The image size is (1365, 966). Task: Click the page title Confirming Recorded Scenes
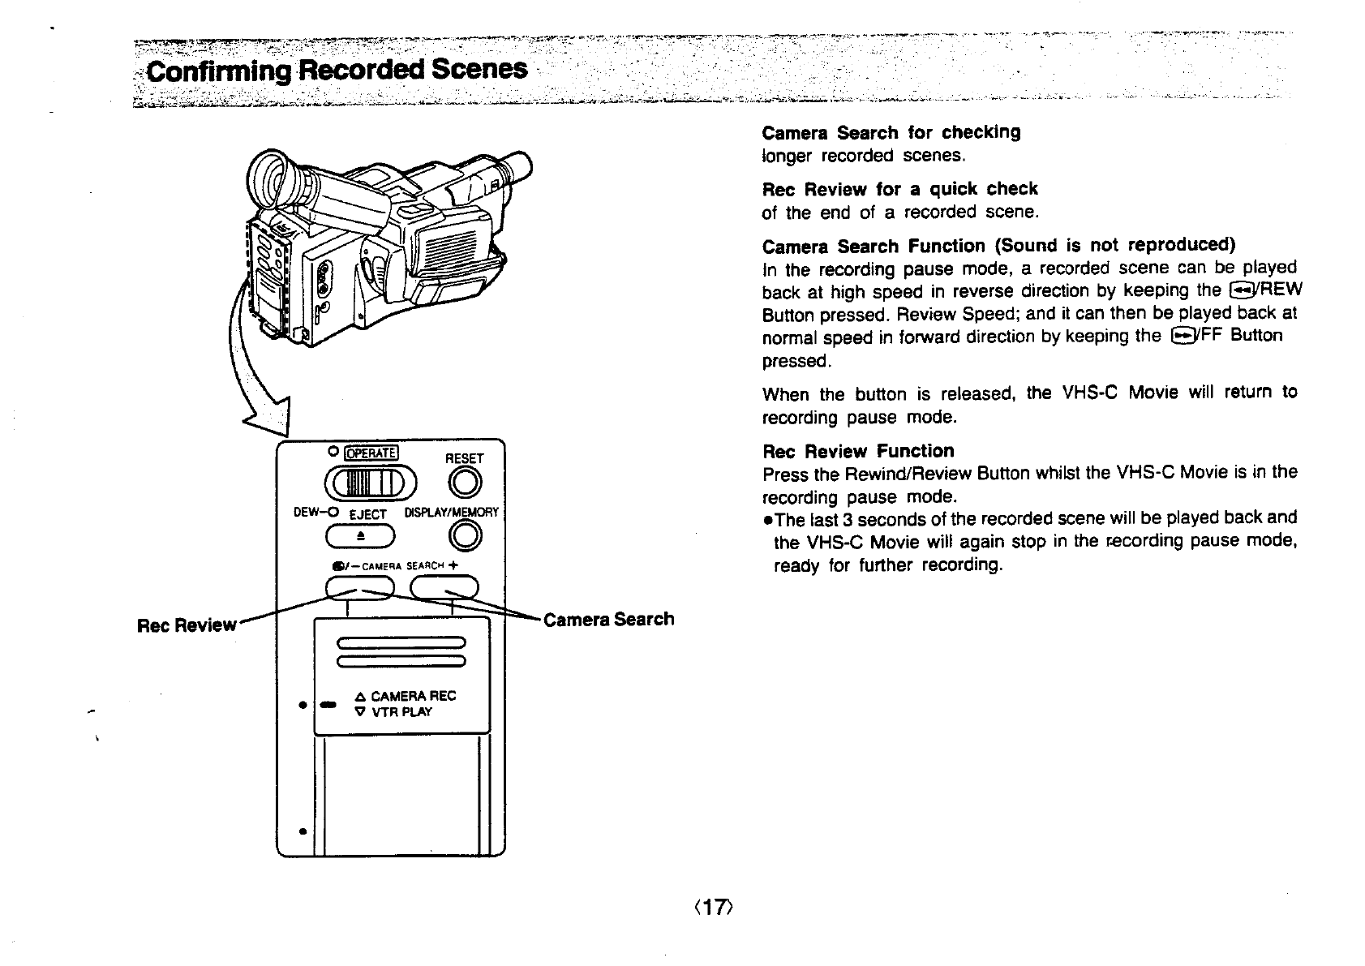pos(337,71)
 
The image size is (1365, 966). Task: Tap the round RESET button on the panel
pos(467,485)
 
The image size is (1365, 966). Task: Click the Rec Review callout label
pos(187,625)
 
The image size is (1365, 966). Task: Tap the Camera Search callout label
pos(608,620)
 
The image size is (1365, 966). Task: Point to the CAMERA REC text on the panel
pos(413,696)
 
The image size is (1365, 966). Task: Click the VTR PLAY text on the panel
pos(401,712)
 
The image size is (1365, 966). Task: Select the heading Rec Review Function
pos(858,451)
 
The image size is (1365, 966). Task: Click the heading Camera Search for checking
pos(891,132)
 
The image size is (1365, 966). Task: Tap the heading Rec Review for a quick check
pos(899,189)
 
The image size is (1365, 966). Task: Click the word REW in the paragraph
pos(1281,291)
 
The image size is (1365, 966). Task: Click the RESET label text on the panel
pos(464,458)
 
